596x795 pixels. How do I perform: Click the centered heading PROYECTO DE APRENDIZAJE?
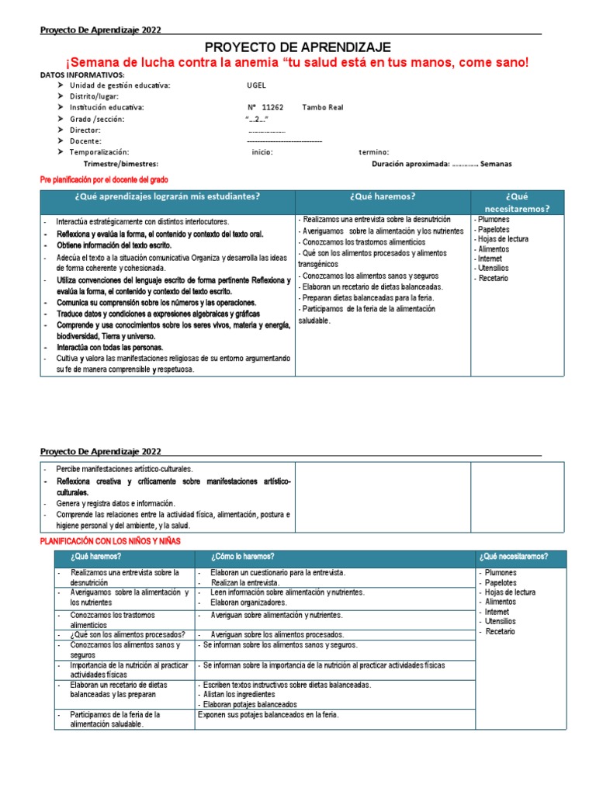pyautogui.click(x=297, y=47)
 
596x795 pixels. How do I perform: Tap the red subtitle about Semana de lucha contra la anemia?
pyautogui.click(x=297, y=62)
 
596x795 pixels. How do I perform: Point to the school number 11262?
pyautogui.click(x=272, y=107)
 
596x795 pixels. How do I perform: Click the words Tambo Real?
pyautogui.click(x=322, y=107)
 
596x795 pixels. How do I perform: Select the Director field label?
pyautogui.click(x=85, y=130)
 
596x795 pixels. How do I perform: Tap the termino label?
pyautogui.click(x=373, y=152)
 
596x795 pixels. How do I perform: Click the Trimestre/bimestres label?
pyautogui.click(x=120, y=164)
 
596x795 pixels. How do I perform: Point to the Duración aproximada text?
pyautogui.click(x=410, y=164)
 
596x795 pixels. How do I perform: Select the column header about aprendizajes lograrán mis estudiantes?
pyautogui.click(x=167, y=196)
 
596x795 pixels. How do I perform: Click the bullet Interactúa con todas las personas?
pyautogui.click(x=109, y=348)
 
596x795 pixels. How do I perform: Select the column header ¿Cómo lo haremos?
pyautogui.click(x=242, y=557)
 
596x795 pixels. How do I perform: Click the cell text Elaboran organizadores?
pyautogui.click(x=248, y=602)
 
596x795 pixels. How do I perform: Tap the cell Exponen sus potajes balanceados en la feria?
pyautogui.click(x=269, y=714)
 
